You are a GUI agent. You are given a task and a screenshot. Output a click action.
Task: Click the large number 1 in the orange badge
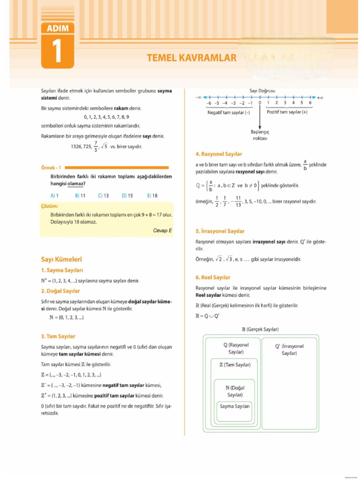pyautogui.click(x=58, y=52)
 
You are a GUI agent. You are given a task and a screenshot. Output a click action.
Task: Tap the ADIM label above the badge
pyautogui.click(x=58, y=29)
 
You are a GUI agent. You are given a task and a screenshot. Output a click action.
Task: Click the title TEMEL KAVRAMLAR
pyautogui.click(x=191, y=58)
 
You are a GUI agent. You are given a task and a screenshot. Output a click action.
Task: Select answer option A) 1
pyautogui.click(x=54, y=195)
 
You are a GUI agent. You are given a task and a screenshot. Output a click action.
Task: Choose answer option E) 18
pyautogui.click(x=152, y=195)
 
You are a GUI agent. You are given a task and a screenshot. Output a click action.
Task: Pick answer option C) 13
pyautogui.click(x=103, y=195)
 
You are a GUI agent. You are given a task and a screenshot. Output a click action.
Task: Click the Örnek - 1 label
pyautogui.click(x=51, y=167)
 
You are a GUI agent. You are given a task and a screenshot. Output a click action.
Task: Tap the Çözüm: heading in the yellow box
pyautogui.click(x=49, y=206)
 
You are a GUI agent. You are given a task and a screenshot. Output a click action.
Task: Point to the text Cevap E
pyautogui.click(x=162, y=231)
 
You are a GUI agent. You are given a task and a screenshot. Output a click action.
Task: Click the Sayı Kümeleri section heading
pyautogui.click(x=61, y=259)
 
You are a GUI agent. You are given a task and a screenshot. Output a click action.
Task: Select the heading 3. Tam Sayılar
pyautogui.click(x=58, y=336)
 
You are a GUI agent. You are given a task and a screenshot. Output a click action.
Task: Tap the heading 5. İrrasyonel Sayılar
pyautogui.click(x=219, y=231)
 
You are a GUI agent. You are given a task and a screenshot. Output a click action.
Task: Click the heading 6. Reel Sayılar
pyautogui.click(x=213, y=277)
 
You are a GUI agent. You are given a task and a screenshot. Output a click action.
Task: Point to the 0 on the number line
pyautogui.click(x=260, y=103)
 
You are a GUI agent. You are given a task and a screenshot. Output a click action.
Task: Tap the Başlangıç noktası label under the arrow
pyautogui.click(x=260, y=135)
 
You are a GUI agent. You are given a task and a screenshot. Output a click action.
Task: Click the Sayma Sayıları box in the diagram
pyautogui.click(x=235, y=406)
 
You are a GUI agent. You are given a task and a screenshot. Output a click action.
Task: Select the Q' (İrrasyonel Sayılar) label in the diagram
pyautogui.click(x=289, y=349)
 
